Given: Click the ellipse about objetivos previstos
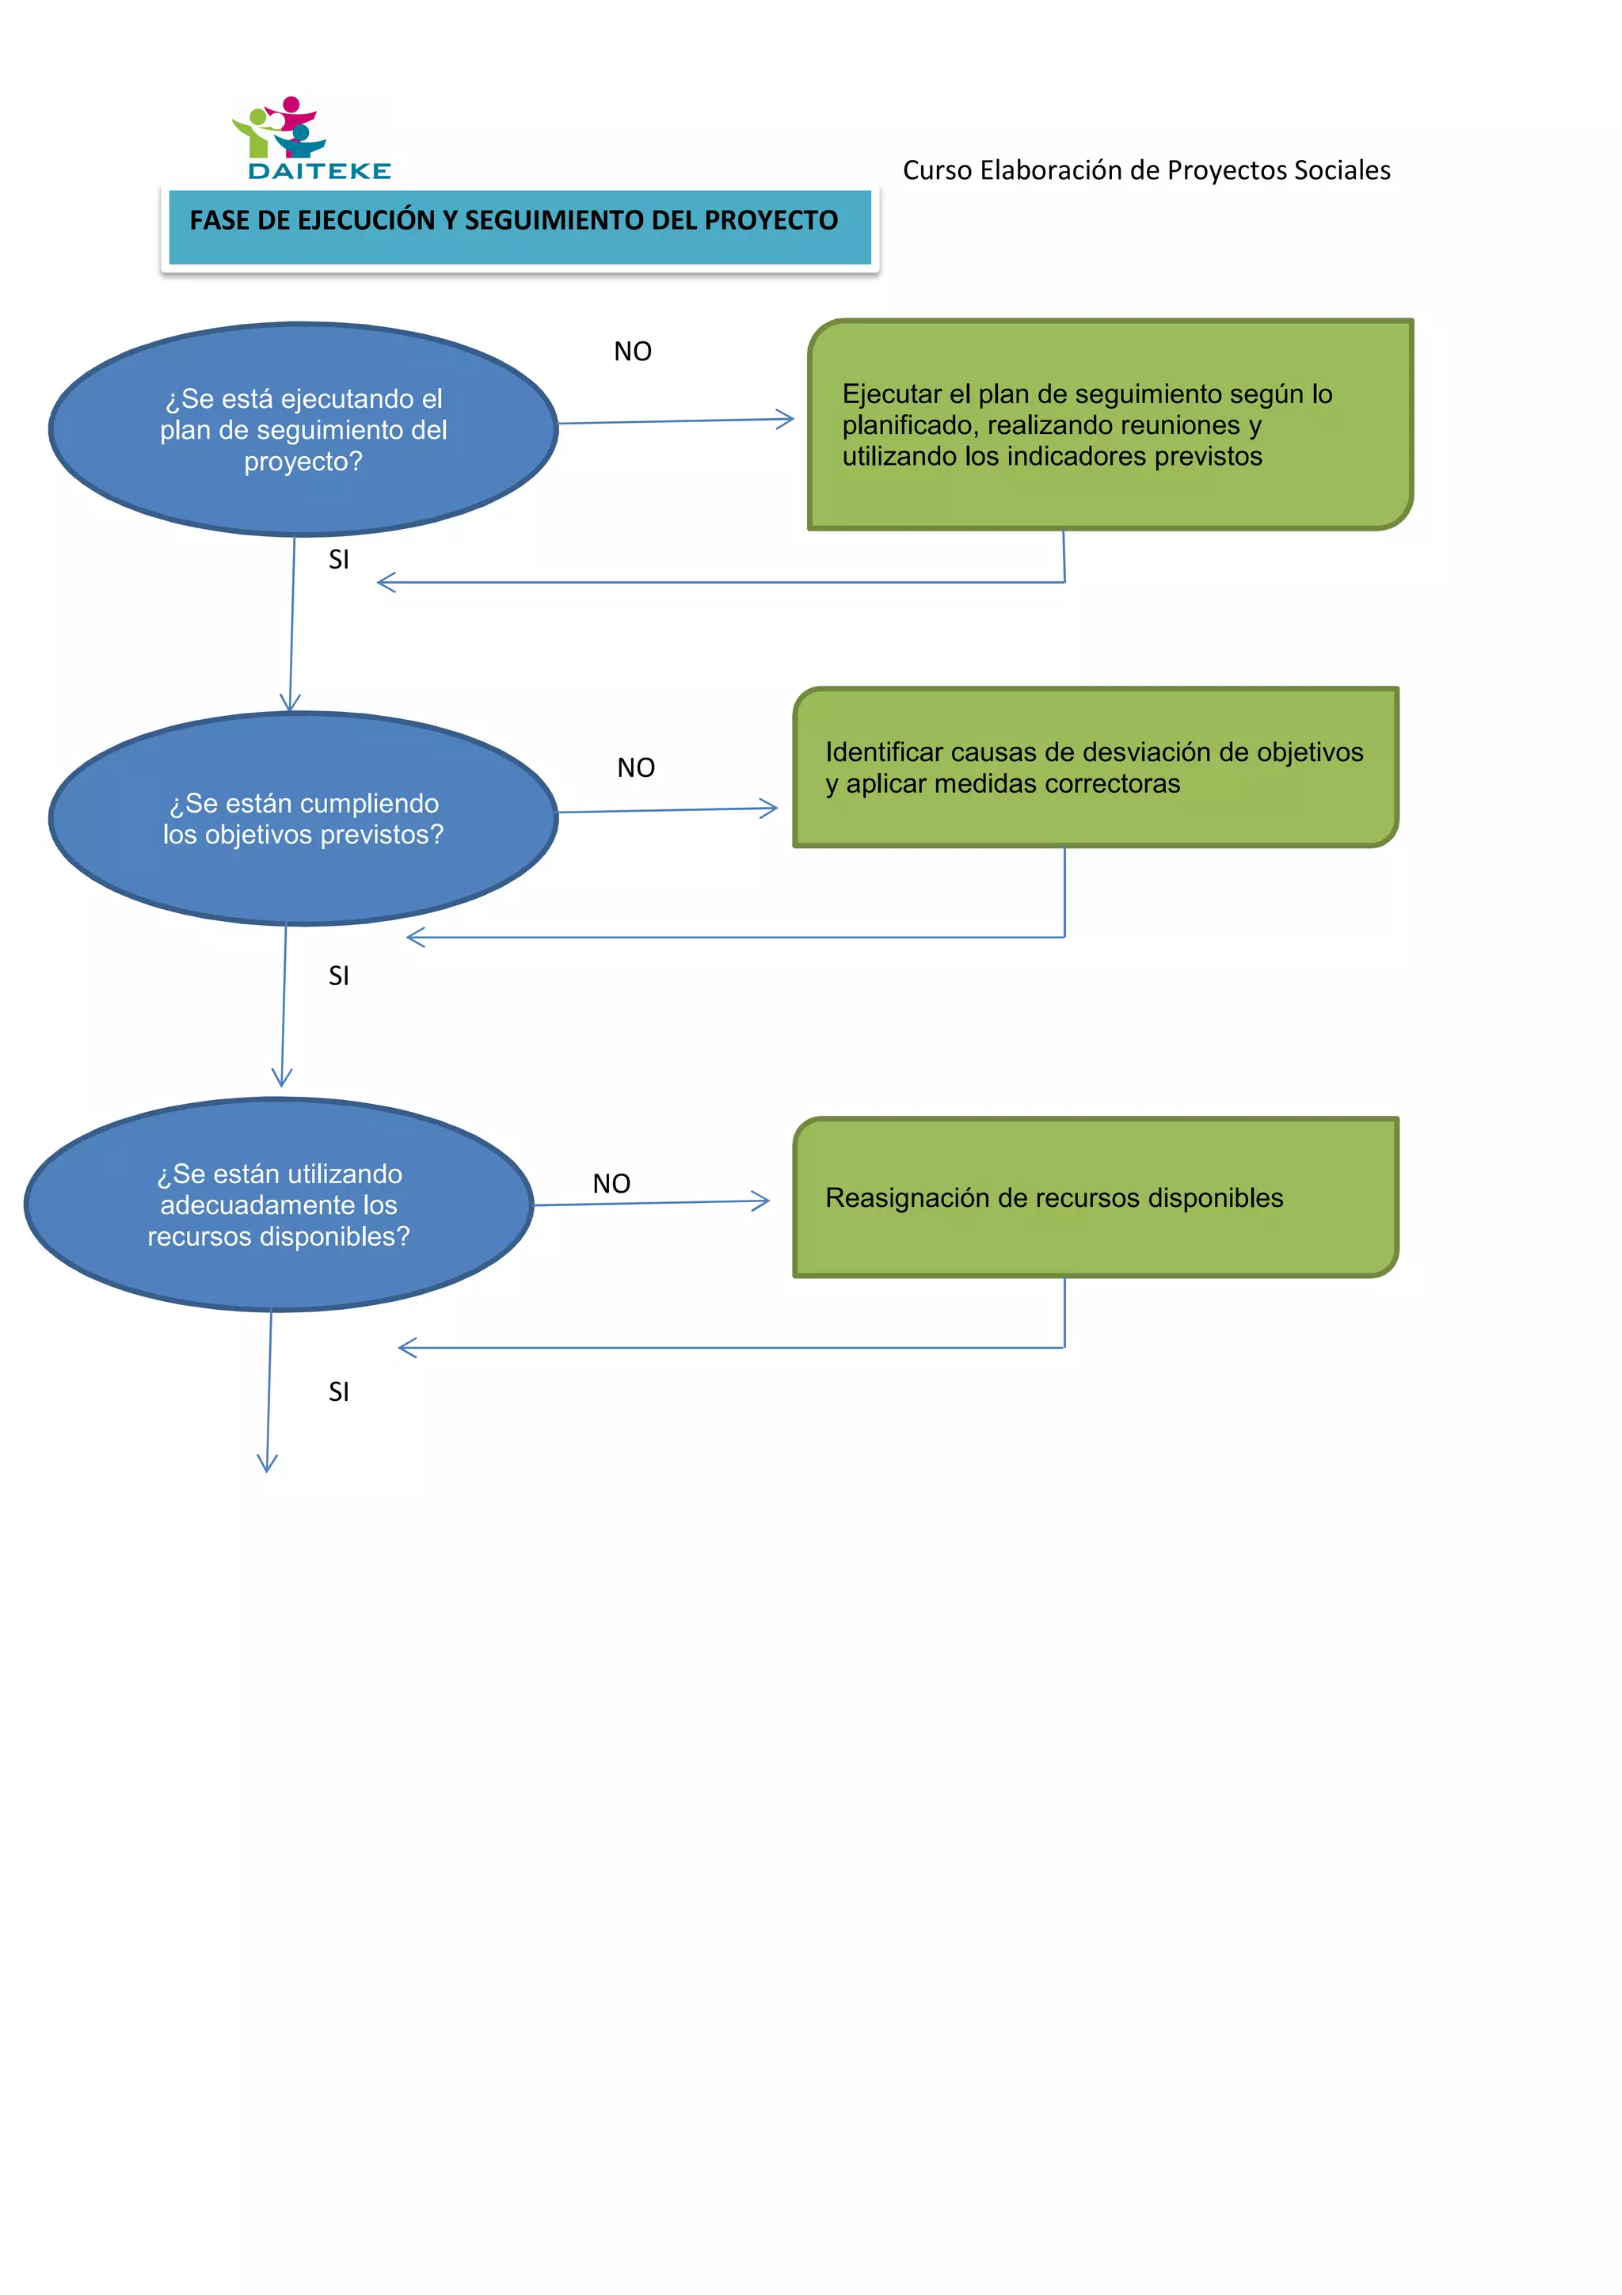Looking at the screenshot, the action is [x=303, y=819].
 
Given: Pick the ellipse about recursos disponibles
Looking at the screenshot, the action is [x=279, y=1205].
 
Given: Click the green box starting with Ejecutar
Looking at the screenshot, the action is [x=1110, y=424].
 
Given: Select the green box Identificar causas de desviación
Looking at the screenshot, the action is [x=1095, y=767].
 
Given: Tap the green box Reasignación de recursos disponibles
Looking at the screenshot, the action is [x=1095, y=1197].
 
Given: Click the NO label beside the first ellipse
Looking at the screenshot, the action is [x=633, y=352].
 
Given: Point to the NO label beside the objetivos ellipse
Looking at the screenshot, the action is [x=636, y=767].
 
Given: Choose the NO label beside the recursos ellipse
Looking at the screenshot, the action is [x=611, y=1183].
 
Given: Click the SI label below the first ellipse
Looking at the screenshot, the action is [x=339, y=560].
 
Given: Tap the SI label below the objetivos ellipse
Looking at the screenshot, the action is [x=339, y=976].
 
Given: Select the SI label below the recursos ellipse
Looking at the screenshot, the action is [x=339, y=1391].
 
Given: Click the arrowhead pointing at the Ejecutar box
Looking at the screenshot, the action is [x=786, y=420].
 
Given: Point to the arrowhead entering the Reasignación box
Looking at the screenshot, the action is [x=762, y=1201].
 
